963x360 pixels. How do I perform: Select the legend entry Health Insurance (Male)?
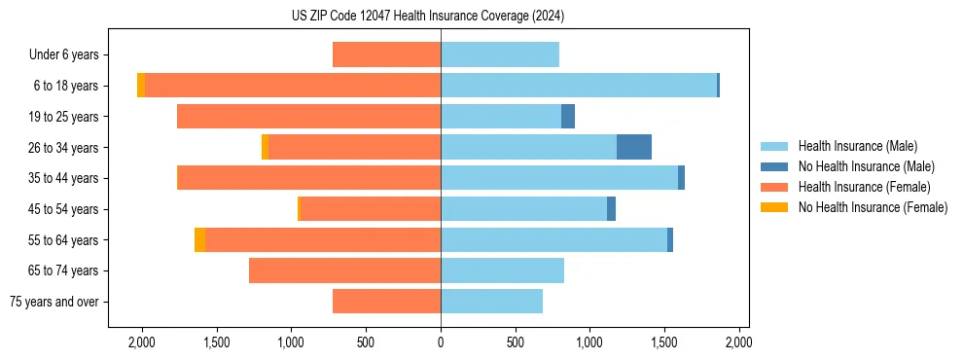tap(857, 146)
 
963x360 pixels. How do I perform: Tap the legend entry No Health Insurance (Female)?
tap(873, 207)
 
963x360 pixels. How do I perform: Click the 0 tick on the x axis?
tap(441, 342)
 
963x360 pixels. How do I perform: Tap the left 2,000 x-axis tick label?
tap(142, 342)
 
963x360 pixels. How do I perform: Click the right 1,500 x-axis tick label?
tap(664, 342)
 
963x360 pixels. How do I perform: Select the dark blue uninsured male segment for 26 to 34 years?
tap(634, 147)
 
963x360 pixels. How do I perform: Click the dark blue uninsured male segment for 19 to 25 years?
tap(568, 117)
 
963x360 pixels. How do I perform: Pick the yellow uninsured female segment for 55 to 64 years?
tap(199, 239)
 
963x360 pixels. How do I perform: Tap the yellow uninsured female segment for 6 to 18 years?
tap(141, 86)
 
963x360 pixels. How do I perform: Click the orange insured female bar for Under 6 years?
tap(386, 54)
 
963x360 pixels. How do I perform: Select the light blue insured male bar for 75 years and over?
tap(491, 302)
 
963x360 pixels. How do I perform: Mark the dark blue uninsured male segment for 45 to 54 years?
tap(611, 209)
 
